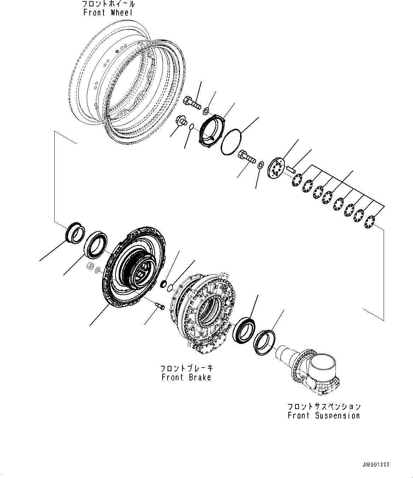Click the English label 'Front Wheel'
(x=108, y=13)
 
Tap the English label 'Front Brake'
(x=186, y=377)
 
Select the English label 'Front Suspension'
(x=324, y=415)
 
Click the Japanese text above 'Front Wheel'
(x=108, y=4)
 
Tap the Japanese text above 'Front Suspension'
(x=324, y=406)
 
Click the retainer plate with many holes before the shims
(x=276, y=170)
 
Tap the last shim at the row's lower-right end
(x=370, y=222)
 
